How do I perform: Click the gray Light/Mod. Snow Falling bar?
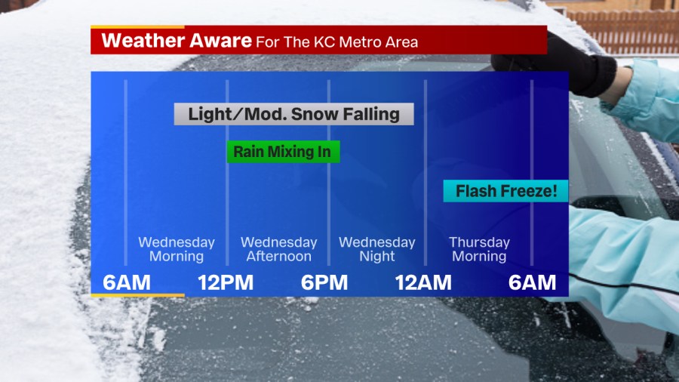pos(293,114)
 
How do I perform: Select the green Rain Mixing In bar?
pos(283,152)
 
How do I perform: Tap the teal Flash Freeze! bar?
pos(505,191)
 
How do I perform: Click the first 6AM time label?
pos(127,283)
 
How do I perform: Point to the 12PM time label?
pos(226,283)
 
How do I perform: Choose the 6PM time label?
pos(324,283)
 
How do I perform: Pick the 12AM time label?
pos(423,283)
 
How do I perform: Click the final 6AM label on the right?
pos(532,283)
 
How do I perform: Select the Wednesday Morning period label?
pos(177,249)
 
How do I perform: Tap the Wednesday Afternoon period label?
pos(279,249)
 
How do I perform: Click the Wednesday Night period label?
pos(376,249)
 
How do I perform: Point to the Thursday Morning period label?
pos(479,249)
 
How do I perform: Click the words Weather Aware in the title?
pos(177,41)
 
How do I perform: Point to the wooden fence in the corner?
pos(624,32)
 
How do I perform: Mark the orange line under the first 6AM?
pos(138,295)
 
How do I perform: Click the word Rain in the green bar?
pos(248,152)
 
